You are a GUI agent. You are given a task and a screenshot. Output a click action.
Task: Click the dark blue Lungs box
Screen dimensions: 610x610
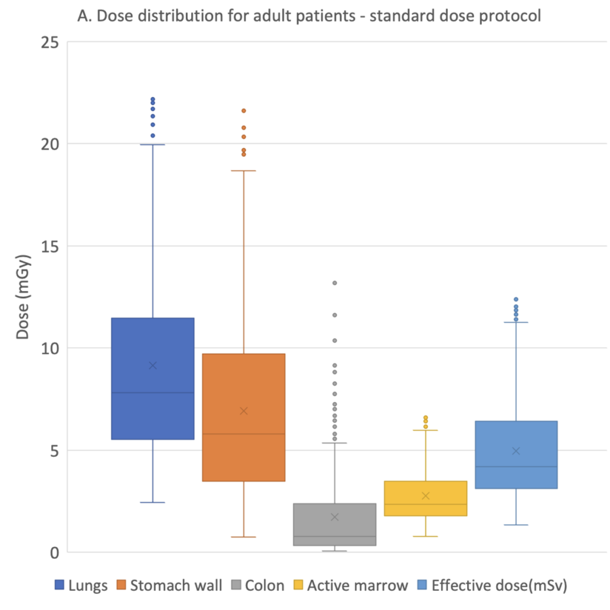[x=152, y=378]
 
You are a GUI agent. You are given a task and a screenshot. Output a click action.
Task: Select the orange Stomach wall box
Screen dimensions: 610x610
[x=244, y=418]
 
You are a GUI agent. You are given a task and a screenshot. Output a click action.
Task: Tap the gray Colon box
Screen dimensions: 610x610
[x=335, y=524]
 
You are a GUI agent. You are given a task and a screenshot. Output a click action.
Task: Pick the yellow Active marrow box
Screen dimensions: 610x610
[x=425, y=499]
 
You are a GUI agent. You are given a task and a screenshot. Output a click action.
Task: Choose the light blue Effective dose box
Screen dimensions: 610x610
[x=516, y=455]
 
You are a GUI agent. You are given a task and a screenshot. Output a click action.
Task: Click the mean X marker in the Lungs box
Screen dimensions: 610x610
[x=153, y=365]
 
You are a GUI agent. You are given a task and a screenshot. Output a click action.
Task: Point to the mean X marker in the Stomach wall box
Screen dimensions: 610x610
[x=244, y=411]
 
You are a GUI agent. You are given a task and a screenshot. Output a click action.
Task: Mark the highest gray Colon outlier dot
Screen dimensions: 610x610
[x=335, y=283]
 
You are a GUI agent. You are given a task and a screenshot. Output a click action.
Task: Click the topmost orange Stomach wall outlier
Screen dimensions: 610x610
[x=244, y=111]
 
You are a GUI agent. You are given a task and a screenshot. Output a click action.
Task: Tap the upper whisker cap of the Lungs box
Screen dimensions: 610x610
[x=152, y=145]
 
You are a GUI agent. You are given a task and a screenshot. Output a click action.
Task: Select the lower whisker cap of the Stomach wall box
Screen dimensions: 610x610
[x=244, y=537]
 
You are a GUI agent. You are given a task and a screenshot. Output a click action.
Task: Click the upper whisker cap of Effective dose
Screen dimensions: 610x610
[x=516, y=322]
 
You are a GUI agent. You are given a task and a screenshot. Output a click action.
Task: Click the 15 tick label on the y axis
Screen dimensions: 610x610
[x=50, y=246]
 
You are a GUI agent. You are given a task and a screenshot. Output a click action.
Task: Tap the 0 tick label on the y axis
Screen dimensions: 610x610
[x=54, y=553]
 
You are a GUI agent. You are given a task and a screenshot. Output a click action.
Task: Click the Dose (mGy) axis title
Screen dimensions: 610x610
[x=23, y=297]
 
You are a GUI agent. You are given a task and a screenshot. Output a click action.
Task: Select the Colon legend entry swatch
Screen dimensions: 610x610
[x=236, y=585]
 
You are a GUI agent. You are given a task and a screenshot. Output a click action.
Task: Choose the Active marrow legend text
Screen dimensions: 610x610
[x=357, y=586]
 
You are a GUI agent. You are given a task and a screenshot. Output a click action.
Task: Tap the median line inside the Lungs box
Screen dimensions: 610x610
[x=152, y=393]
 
